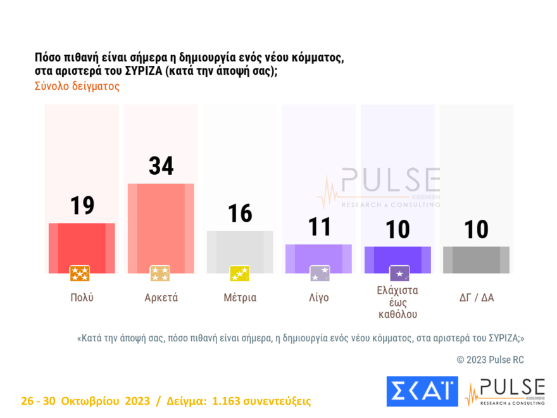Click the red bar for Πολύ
[82, 248]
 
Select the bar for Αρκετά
[161, 228]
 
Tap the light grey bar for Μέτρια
[240, 251]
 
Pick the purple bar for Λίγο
[319, 258]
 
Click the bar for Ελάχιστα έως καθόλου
[397, 260]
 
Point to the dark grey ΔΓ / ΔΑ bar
[476, 260]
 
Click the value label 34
[161, 166]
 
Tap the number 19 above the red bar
[82, 205]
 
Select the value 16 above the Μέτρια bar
[240, 213]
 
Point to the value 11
[319, 227]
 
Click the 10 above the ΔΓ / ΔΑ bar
[476, 229]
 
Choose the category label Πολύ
[82, 297]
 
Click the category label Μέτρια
[240, 297]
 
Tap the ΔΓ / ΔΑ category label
[476, 297]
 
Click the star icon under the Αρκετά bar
[160, 274]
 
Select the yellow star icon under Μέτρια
[240, 274]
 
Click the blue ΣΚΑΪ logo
[422, 391]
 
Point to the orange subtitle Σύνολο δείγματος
[77, 86]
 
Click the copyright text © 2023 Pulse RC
[490, 360]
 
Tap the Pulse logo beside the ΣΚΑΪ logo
[504, 392]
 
